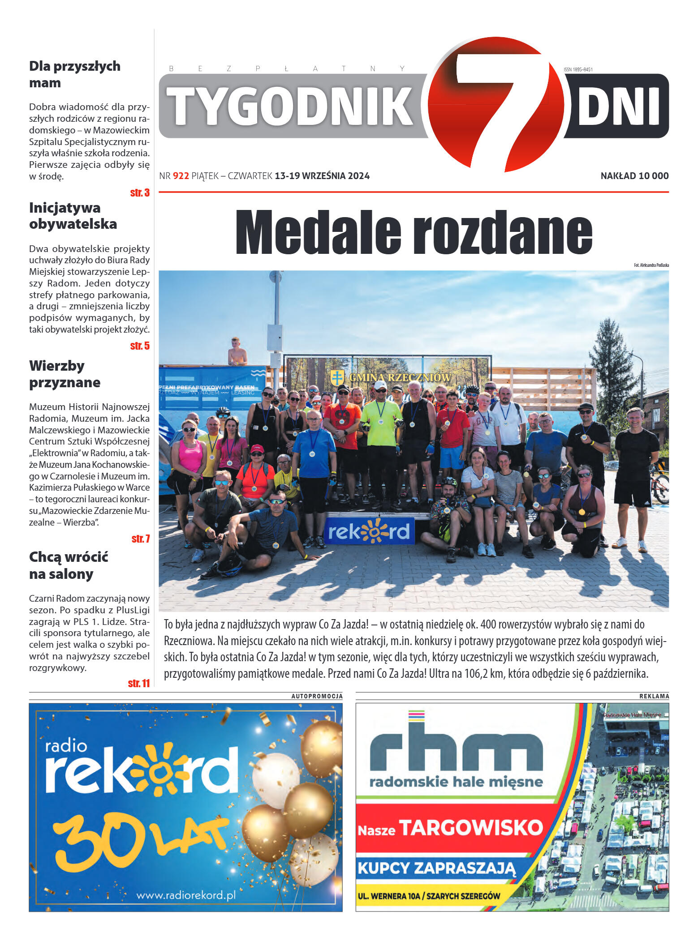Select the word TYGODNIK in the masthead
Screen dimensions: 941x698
[x=290, y=107]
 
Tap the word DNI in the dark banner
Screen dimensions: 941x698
[x=618, y=107]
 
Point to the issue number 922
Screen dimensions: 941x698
[x=181, y=176]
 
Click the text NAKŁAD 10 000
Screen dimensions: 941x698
[x=634, y=176]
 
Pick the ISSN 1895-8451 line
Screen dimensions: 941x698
[x=578, y=69]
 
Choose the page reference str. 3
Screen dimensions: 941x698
[x=140, y=193]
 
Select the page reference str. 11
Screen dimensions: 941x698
[x=138, y=683]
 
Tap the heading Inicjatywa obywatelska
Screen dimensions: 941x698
[x=73, y=216]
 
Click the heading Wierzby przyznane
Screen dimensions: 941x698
[x=65, y=374]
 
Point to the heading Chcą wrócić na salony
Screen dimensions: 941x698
[x=69, y=565]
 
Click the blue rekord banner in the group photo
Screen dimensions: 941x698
[x=369, y=531]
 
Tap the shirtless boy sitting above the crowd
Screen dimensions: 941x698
[x=237, y=351]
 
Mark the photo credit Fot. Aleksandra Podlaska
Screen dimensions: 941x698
[x=651, y=265]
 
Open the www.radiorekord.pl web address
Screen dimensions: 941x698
[x=185, y=895]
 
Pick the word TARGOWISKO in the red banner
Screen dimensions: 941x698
[x=470, y=828]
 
